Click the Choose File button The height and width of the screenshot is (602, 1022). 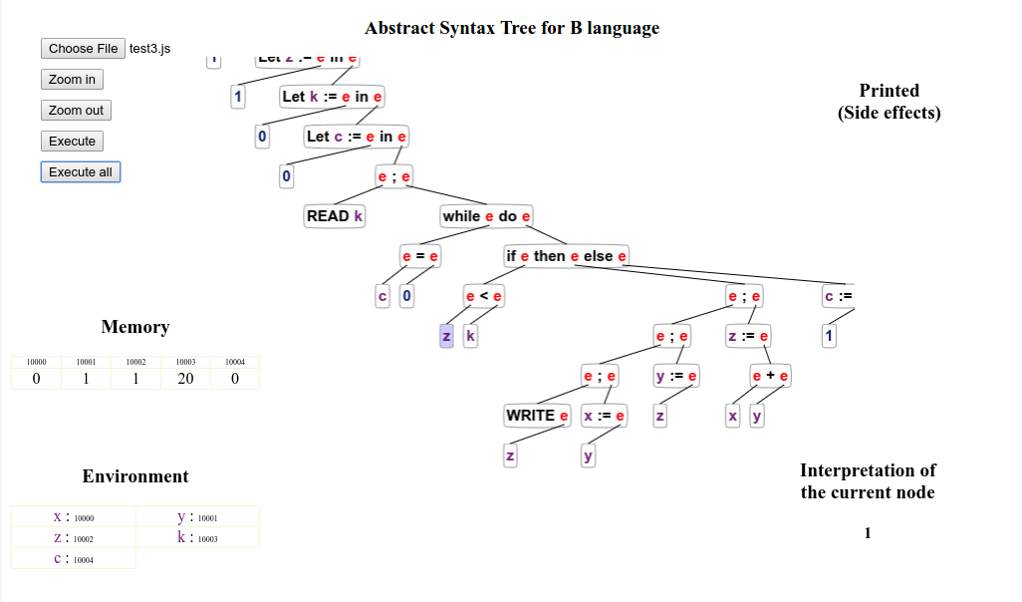(x=84, y=48)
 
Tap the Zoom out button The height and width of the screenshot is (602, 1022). (x=76, y=111)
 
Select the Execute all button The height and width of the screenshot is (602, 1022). (x=80, y=172)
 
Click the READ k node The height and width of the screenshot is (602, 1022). (x=335, y=216)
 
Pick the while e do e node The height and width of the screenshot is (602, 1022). (x=486, y=216)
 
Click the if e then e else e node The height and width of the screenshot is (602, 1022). (x=566, y=256)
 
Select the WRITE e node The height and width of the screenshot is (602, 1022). (x=537, y=416)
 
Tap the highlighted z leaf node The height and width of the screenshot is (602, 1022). (x=446, y=337)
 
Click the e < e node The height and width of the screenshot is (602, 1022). (x=484, y=296)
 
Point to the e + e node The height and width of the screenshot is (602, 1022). (x=770, y=376)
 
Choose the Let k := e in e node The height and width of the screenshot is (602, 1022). (x=332, y=97)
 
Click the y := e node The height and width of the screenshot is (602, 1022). (x=676, y=376)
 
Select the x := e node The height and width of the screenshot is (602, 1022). (x=604, y=416)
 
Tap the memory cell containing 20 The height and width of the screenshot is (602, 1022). (x=185, y=379)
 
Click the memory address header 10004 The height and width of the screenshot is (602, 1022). (x=235, y=362)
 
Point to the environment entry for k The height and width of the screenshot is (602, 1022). (x=197, y=538)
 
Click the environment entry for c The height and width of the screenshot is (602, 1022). (x=73, y=559)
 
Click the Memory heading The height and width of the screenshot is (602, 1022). (x=135, y=327)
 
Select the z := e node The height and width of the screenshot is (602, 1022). (x=748, y=337)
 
